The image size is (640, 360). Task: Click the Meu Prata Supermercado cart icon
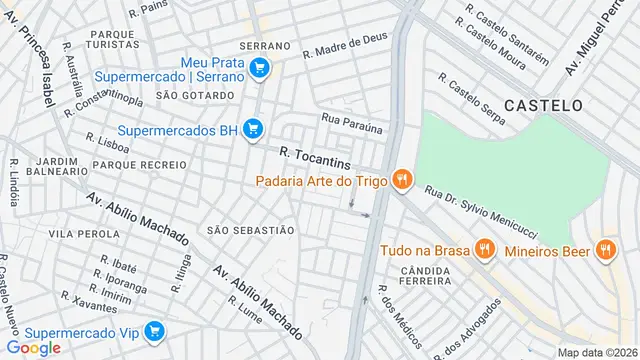(x=260, y=68)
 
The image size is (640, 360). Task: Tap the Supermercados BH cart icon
(x=253, y=129)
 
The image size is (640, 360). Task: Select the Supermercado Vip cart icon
(x=153, y=331)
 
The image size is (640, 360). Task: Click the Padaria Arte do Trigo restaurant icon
(x=401, y=180)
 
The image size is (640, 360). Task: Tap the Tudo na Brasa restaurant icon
(x=485, y=249)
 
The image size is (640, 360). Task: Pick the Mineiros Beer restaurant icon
(x=604, y=249)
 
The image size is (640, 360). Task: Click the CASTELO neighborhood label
(x=542, y=104)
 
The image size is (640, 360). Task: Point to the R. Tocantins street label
(x=315, y=156)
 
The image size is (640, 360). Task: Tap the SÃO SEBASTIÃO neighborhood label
(x=250, y=230)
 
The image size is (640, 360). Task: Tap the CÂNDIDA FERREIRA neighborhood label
(x=427, y=277)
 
